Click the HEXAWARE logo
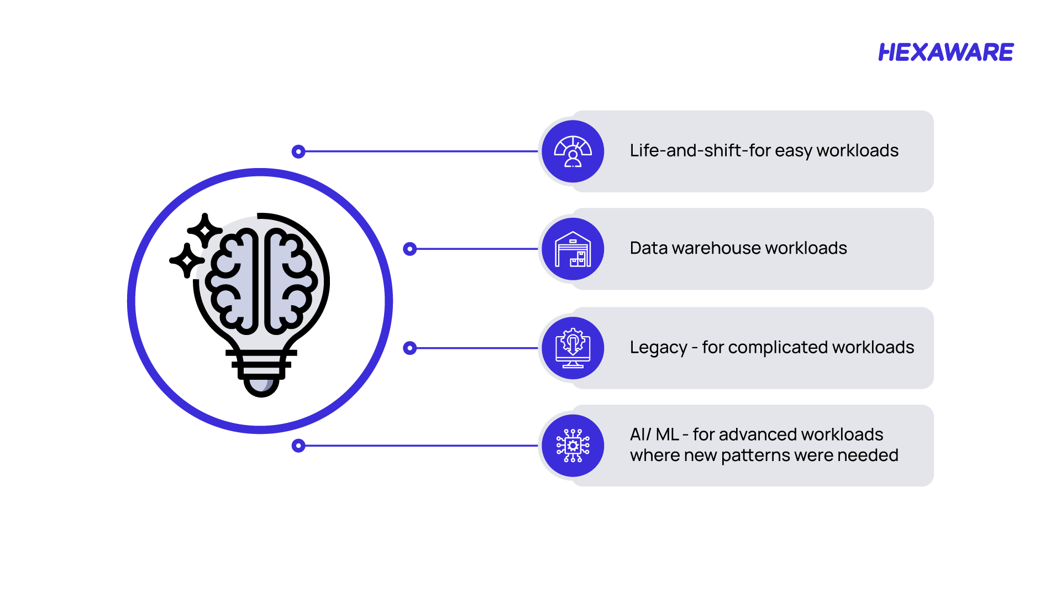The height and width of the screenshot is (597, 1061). [x=946, y=53]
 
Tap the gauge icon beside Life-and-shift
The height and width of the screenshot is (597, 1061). [x=572, y=151]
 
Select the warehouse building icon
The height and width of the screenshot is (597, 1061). [x=572, y=249]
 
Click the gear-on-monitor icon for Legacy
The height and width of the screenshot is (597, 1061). [x=572, y=348]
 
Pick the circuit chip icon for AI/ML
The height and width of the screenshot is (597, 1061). [x=572, y=446]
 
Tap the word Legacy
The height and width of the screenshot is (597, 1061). [x=658, y=348]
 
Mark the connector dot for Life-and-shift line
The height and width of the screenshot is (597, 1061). [x=298, y=151]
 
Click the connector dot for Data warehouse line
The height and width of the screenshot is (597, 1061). [x=409, y=249]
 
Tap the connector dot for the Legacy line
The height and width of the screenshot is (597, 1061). [x=409, y=348]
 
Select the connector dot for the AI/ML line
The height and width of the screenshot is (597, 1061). [x=298, y=446]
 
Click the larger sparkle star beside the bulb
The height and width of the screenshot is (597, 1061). [x=204, y=229]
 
